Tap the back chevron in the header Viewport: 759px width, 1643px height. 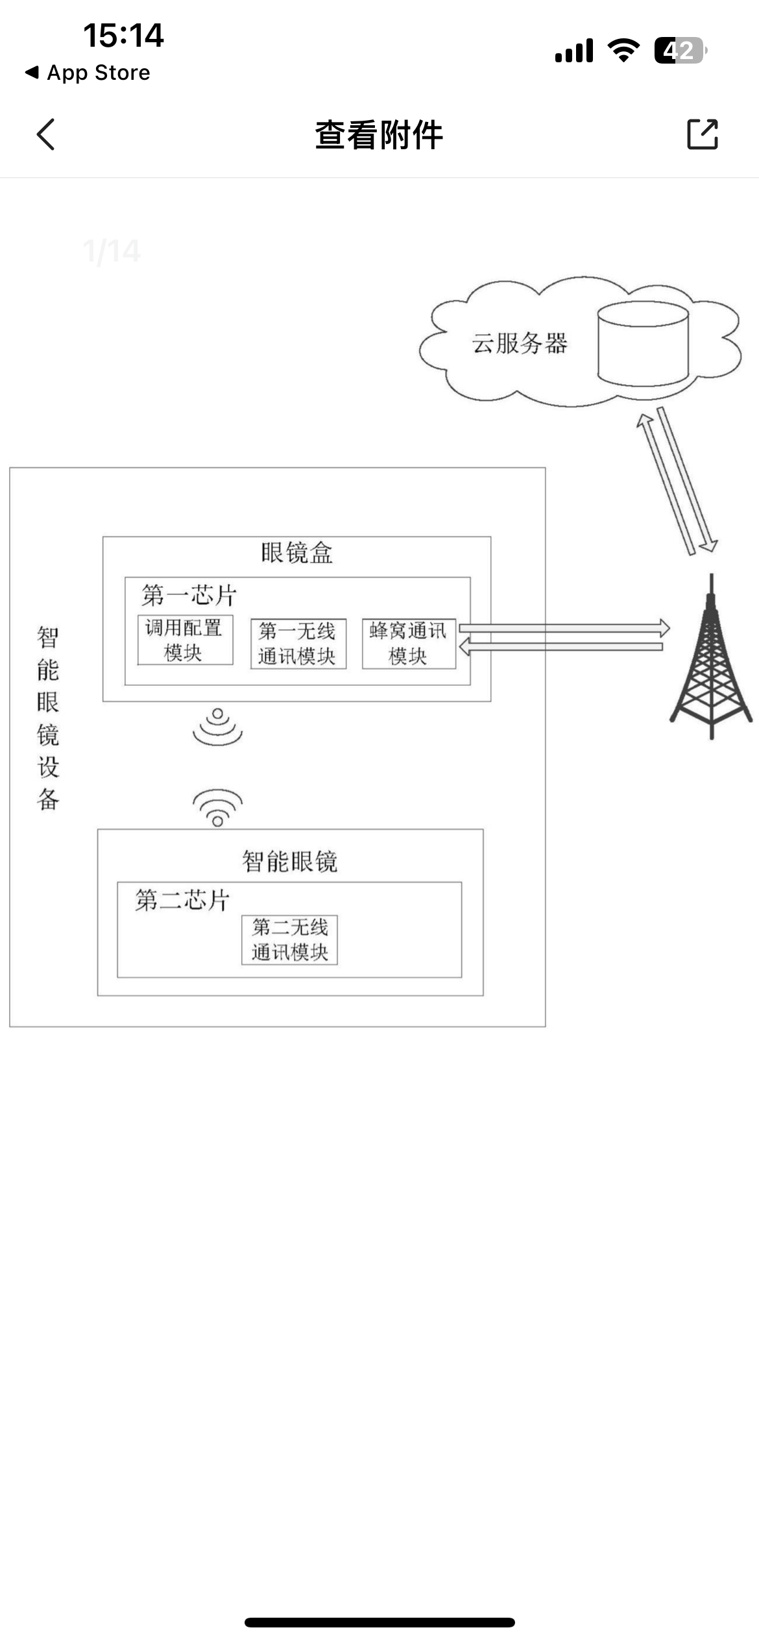46,134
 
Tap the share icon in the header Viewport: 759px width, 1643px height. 703,134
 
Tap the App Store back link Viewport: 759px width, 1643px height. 88,73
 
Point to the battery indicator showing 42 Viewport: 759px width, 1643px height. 679,51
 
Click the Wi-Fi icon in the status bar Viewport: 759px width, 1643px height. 623,51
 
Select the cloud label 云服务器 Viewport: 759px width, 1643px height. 519,343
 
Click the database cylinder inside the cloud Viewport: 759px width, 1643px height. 643,344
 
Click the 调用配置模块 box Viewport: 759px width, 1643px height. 185,640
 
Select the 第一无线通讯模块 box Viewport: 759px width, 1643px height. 298,644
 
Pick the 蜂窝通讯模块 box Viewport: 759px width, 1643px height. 408,644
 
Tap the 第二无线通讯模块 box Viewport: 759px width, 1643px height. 289,940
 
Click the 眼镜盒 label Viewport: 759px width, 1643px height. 296,554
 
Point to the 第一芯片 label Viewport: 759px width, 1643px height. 189,595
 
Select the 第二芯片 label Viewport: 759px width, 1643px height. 182,900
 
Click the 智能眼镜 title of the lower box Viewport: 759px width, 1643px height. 289,862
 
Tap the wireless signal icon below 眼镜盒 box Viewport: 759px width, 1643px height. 217,727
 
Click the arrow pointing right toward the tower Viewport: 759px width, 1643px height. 564,627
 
